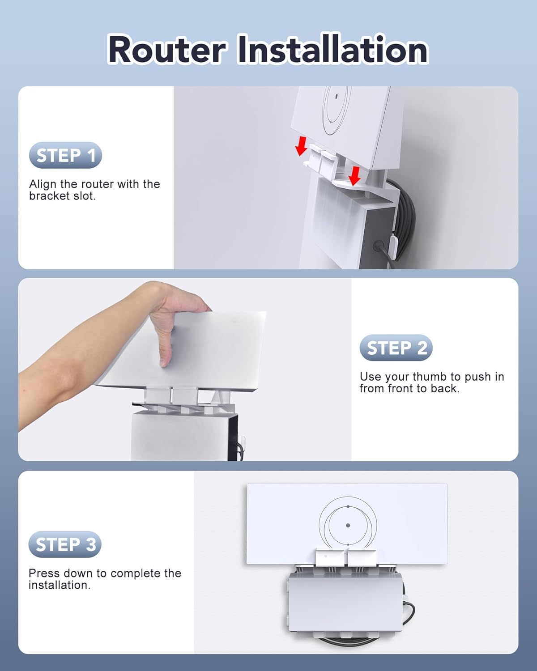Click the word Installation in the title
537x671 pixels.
tap(333, 49)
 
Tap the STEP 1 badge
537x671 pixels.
tap(65, 155)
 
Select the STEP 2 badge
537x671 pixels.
tap(396, 347)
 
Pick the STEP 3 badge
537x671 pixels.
tap(65, 544)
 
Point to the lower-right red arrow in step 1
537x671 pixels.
tap(354, 176)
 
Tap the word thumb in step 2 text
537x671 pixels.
tap(431, 377)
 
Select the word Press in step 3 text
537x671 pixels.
tap(44, 573)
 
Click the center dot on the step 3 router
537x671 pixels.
tap(348, 525)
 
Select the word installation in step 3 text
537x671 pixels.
tap(59, 585)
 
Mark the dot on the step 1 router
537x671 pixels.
tap(337, 96)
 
